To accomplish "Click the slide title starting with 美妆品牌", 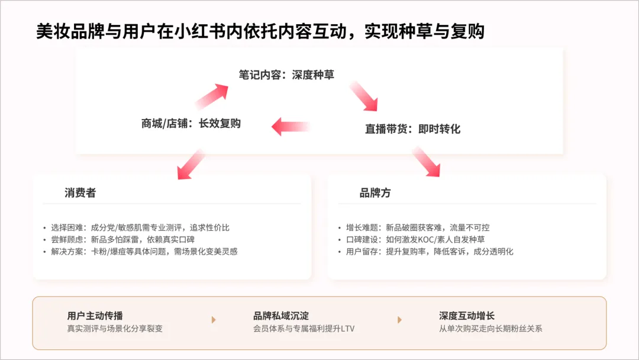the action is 260,31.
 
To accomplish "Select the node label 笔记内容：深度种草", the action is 286,75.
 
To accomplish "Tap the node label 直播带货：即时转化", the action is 412,128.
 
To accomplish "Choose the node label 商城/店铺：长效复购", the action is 191,123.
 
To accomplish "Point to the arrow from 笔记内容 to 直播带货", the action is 363,96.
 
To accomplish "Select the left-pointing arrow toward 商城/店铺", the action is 291,126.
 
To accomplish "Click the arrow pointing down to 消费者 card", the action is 191,163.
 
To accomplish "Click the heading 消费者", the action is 80,193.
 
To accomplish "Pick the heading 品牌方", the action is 375,193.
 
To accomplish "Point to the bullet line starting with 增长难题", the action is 418,227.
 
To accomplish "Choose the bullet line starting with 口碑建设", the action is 415,239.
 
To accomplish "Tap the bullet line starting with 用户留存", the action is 430,251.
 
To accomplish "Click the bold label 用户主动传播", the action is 95,316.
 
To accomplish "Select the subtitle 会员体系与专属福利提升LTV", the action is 304,328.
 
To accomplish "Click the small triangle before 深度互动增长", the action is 399,320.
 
